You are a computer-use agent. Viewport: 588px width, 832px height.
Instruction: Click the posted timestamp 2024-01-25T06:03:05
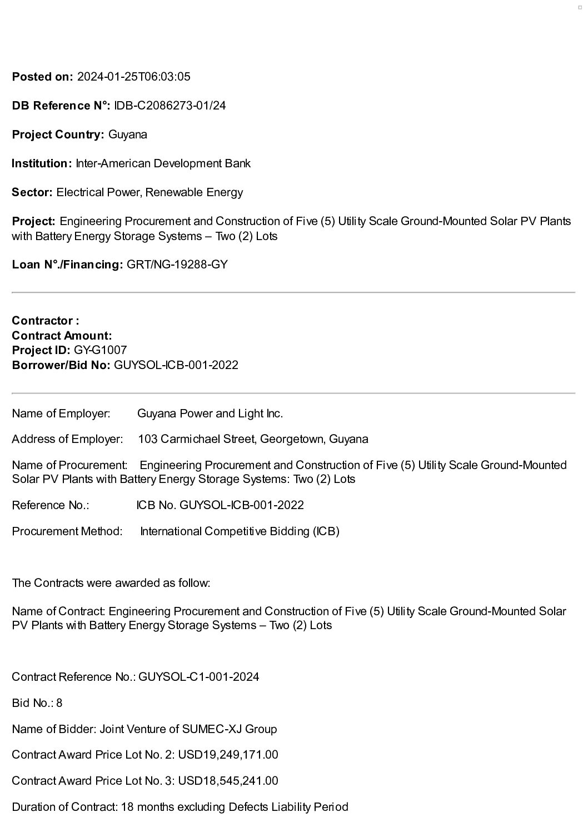coord(133,77)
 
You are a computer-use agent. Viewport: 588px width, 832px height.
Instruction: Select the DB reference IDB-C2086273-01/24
coord(170,106)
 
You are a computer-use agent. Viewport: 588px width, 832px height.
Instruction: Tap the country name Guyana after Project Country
coord(128,134)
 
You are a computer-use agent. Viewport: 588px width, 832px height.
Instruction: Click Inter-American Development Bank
coord(163,163)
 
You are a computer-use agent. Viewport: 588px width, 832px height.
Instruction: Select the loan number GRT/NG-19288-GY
coord(177,265)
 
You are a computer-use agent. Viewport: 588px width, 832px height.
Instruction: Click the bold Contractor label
coord(45,321)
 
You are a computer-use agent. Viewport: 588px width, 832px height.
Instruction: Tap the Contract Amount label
coord(62,336)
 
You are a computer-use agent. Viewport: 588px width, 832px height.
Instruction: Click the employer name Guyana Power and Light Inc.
coord(210,413)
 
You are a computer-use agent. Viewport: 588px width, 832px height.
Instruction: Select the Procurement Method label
coord(67,531)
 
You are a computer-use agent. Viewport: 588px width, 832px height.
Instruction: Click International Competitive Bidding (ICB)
coord(240,531)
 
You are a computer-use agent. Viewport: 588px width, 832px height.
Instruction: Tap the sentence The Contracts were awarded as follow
coord(111,583)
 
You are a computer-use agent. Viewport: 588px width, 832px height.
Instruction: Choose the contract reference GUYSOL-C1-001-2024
coord(198,677)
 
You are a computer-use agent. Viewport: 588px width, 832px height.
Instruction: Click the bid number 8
coord(59,703)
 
